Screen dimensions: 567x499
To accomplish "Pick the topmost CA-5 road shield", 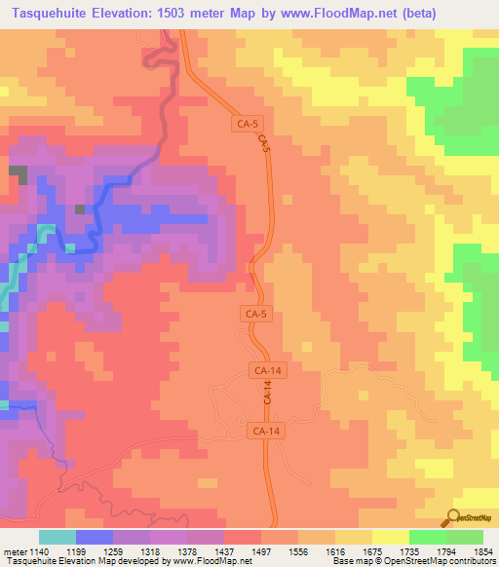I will pyautogui.click(x=249, y=124).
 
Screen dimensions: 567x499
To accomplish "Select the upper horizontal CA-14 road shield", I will pyautogui.click(x=267, y=371).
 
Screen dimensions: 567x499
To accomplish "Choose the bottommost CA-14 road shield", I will pyautogui.click(x=265, y=430).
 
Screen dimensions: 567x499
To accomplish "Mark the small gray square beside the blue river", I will pyautogui.click(x=80, y=209).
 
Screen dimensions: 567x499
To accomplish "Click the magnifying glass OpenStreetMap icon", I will pyautogui.click(x=454, y=518).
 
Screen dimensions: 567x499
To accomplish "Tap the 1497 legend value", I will pyautogui.click(x=259, y=552).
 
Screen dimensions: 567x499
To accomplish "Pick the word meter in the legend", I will pyautogui.click(x=12, y=552).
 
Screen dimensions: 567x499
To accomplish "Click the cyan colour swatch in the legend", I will pyautogui.click(x=57, y=537).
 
